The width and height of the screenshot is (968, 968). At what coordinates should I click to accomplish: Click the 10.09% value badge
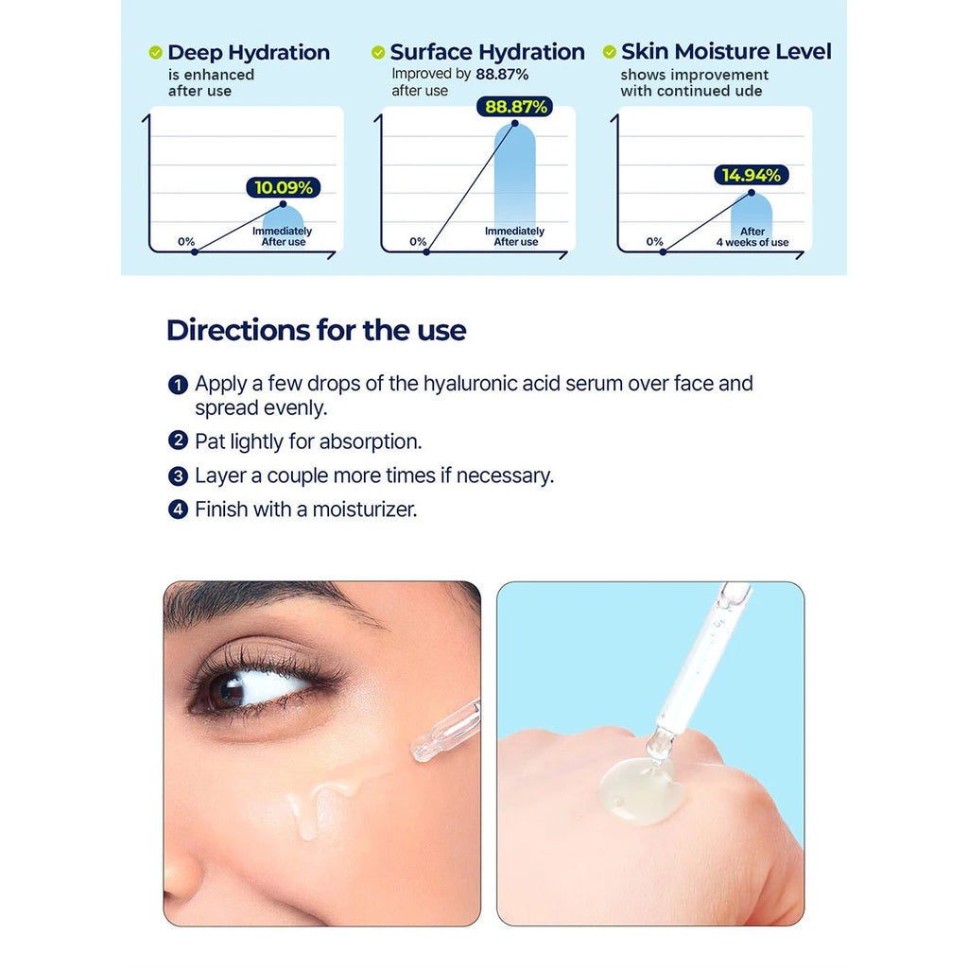284,187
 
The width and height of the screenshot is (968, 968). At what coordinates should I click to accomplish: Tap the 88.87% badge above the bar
514,107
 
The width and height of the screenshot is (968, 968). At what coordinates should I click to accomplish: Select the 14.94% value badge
752,175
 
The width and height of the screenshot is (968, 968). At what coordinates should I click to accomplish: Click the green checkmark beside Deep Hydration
155,53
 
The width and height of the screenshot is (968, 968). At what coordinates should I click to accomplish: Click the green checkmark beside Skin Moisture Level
609,52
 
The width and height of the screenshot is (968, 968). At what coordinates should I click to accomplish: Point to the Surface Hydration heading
487,52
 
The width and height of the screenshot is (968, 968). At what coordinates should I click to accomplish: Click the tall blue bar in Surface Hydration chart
515,180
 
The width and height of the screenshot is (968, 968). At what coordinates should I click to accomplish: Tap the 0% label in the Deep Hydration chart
186,241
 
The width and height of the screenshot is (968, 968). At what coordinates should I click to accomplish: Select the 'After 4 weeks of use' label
752,237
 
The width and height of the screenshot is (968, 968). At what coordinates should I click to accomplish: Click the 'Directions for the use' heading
316,330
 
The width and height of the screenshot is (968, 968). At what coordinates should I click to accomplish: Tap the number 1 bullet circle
178,385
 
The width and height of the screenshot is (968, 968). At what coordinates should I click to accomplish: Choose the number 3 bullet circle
178,475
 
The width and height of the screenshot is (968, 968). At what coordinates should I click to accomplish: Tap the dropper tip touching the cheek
422,750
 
